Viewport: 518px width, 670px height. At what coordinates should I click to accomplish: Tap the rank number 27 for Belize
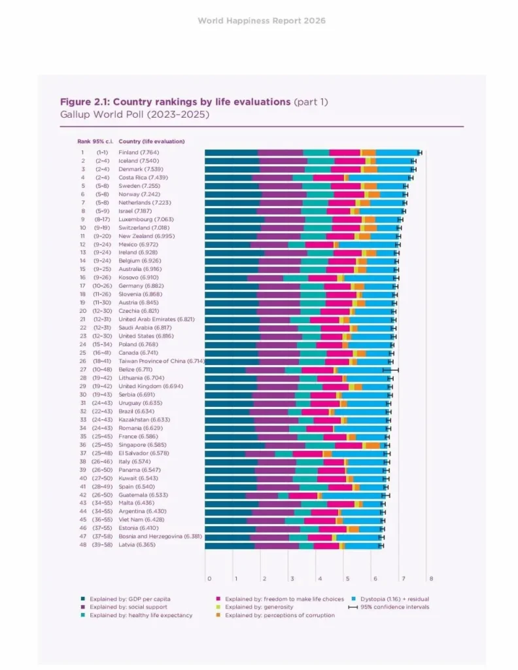click(83, 370)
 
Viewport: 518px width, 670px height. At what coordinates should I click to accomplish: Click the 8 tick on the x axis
click(432, 578)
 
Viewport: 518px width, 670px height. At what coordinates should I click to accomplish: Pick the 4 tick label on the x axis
click(320, 578)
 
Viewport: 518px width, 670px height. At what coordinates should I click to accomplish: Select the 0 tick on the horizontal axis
click(209, 578)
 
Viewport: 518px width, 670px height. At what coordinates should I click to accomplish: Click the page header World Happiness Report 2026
click(262, 21)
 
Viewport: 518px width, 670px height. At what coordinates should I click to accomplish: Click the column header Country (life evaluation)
click(152, 141)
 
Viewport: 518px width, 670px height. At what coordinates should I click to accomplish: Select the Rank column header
click(84, 141)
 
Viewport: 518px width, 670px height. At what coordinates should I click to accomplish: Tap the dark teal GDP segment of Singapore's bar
click(235, 445)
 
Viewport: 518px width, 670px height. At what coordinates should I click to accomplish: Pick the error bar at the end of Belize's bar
click(390, 370)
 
